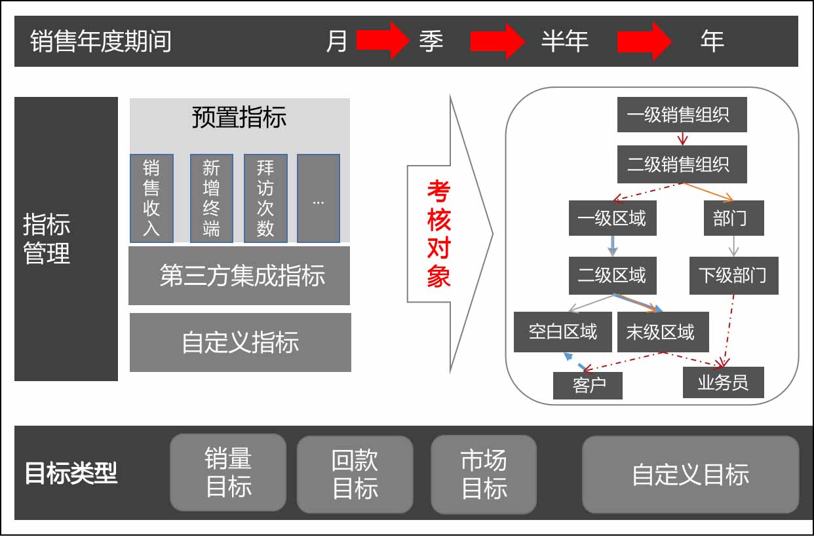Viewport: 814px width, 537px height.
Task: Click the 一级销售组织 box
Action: click(x=682, y=115)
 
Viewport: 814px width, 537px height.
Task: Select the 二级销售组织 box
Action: click(x=682, y=164)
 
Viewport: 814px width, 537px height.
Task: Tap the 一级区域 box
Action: click(x=611, y=219)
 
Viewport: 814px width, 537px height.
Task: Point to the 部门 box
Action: click(x=733, y=219)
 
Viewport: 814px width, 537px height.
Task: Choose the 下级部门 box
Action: click(x=733, y=276)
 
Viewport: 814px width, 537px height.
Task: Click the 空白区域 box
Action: click(x=564, y=332)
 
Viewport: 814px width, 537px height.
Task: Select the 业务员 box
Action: click(x=723, y=382)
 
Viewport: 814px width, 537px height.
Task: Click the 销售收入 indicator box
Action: click(x=151, y=198)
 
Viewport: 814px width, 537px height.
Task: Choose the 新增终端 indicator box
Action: click(x=211, y=198)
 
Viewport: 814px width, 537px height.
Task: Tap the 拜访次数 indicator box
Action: click(x=265, y=198)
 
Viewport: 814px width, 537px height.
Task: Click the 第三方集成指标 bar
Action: click(x=239, y=276)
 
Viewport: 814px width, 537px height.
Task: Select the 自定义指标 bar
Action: click(x=240, y=343)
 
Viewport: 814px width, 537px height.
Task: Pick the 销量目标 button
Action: click(x=228, y=472)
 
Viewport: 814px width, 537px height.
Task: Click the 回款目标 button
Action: click(x=355, y=474)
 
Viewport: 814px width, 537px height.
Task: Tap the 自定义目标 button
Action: click(x=690, y=475)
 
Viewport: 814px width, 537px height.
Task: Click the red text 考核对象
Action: click(x=438, y=234)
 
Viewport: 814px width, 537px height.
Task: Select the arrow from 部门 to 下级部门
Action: click(x=733, y=246)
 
